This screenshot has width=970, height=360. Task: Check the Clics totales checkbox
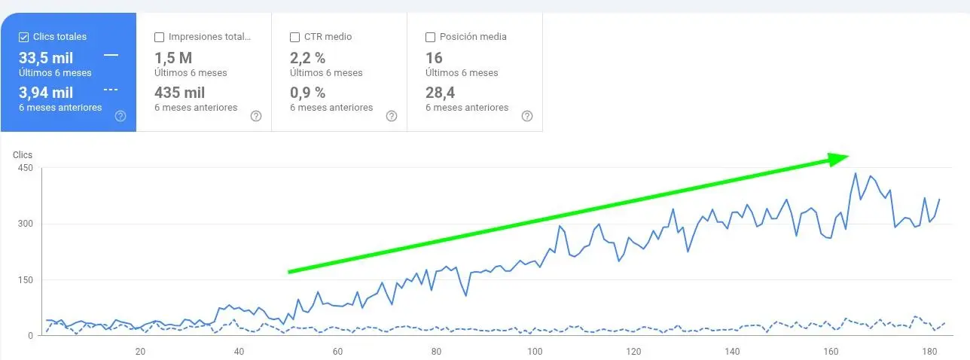[23, 37]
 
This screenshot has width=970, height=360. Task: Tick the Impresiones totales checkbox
[159, 37]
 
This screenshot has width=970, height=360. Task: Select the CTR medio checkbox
[294, 37]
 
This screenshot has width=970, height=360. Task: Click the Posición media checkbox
[430, 37]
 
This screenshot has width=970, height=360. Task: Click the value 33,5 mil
[46, 58]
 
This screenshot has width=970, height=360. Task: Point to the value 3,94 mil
[46, 93]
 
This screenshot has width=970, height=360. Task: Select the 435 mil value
[180, 93]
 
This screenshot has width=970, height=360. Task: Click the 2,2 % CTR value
[307, 58]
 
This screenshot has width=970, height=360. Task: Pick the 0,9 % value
[307, 93]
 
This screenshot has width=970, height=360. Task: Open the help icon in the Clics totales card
[120, 116]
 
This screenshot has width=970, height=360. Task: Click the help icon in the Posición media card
[526, 116]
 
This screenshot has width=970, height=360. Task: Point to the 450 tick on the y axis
[26, 168]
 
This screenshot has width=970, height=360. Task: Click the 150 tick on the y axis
[26, 280]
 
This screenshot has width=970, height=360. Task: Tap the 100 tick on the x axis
[535, 351]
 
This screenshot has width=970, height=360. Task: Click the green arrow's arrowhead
[839, 158]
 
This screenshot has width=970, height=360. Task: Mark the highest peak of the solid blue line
[856, 174]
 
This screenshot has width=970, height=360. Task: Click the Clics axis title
[23, 154]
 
